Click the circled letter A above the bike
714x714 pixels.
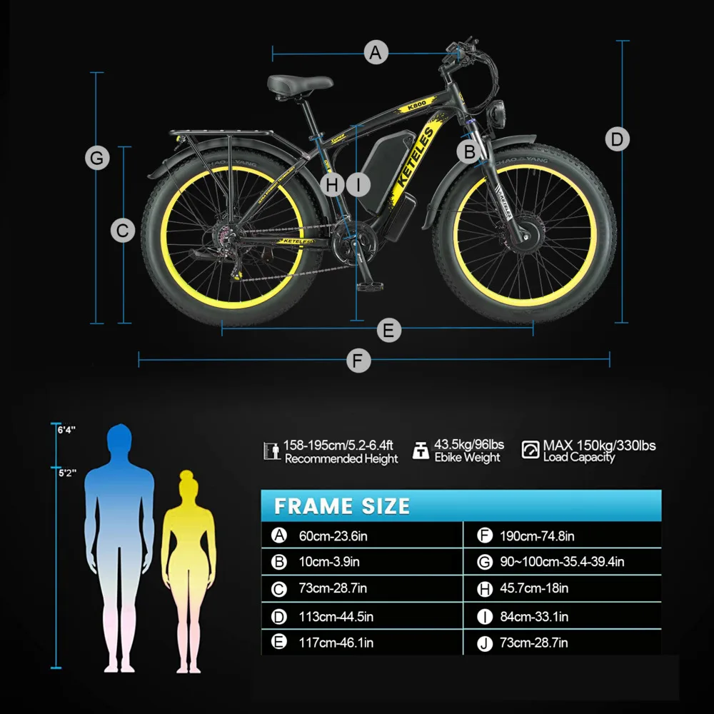[x=376, y=52]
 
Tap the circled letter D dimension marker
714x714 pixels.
[x=617, y=139]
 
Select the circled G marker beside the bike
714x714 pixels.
[x=97, y=158]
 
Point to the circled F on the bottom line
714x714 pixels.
[x=358, y=361]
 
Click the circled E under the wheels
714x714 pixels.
[x=389, y=330]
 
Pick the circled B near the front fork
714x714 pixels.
[x=469, y=151]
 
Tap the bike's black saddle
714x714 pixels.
[x=300, y=85]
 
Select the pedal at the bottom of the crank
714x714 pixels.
[x=370, y=286]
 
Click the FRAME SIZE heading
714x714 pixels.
[x=342, y=506]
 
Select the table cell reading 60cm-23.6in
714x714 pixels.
[x=333, y=536]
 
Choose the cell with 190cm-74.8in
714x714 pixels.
[x=537, y=536]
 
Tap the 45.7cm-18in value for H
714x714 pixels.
[x=533, y=588]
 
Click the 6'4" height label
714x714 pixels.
[x=66, y=430]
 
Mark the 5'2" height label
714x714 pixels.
[x=67, y=473]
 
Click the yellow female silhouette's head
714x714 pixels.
[x=186, y=483]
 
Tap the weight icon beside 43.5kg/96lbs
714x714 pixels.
[x=421, y=450]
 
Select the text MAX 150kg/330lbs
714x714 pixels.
[x=599, y=446]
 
